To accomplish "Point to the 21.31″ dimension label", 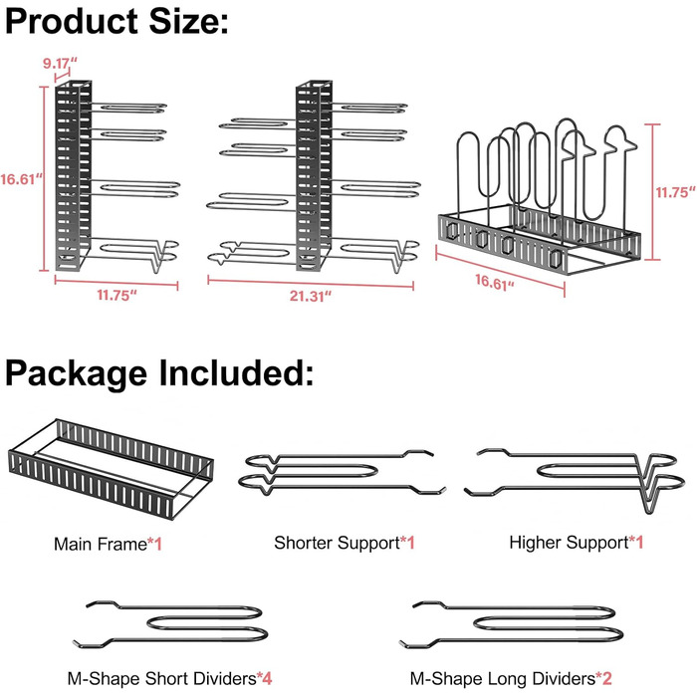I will (312, 296).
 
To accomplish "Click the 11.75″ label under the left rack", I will (116, 296).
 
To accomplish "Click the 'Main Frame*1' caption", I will (109, 545).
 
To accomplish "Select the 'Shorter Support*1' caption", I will (344, 543).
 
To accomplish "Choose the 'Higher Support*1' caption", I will (576, 543).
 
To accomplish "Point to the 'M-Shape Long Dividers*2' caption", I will (507, 679).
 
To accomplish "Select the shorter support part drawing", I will (339, 474).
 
